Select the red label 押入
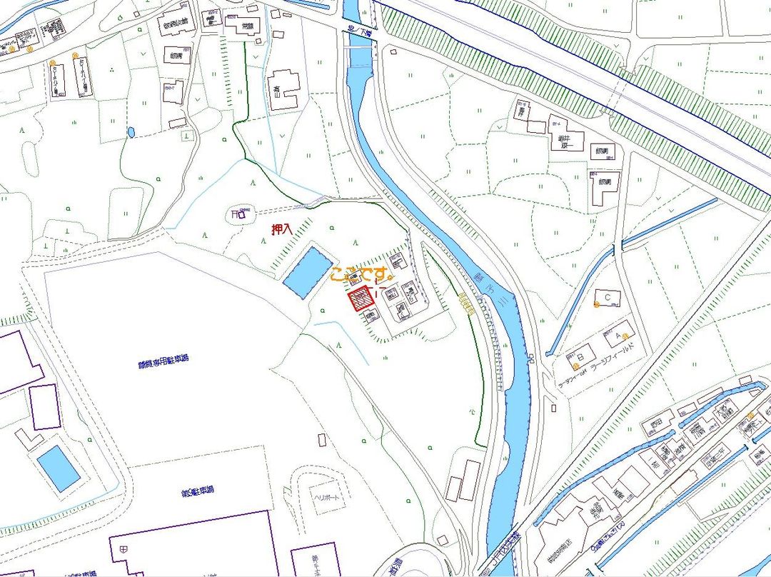281,230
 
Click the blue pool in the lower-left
59,468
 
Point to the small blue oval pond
131,132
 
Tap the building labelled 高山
284,89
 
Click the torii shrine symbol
238,213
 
